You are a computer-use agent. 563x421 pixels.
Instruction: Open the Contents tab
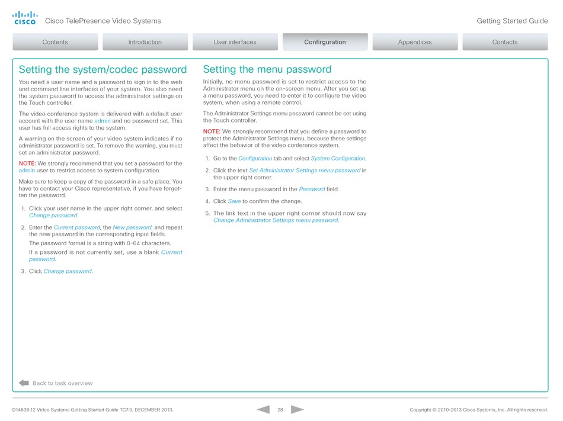point(55,42)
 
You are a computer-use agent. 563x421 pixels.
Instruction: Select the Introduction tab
point(145,42)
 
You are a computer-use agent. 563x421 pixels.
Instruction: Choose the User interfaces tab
point(235,42)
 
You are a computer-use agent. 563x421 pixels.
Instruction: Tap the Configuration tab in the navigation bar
point(325,42)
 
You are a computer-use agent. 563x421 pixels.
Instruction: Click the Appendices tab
point(415,42)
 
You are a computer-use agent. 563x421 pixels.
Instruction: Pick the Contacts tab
point(505,42)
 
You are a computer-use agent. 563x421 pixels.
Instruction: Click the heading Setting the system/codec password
point(103,70)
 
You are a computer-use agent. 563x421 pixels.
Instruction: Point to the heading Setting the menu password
point(267,70)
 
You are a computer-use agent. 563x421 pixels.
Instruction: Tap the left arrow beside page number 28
point(263,409)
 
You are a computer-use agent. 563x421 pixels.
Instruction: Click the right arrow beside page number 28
point(298,409)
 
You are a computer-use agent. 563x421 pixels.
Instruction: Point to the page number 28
point(280,410)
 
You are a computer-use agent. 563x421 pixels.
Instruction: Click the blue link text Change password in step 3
point(68,271)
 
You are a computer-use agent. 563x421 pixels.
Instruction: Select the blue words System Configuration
point(338,159)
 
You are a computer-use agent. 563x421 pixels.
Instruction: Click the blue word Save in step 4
point(234,201)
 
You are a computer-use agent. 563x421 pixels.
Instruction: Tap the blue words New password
point(132,227)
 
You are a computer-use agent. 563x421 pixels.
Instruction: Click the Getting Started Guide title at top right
point(512,21)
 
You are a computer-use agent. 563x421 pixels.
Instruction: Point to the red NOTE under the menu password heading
point(212,131)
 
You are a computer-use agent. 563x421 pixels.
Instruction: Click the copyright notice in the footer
point(478,410)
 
